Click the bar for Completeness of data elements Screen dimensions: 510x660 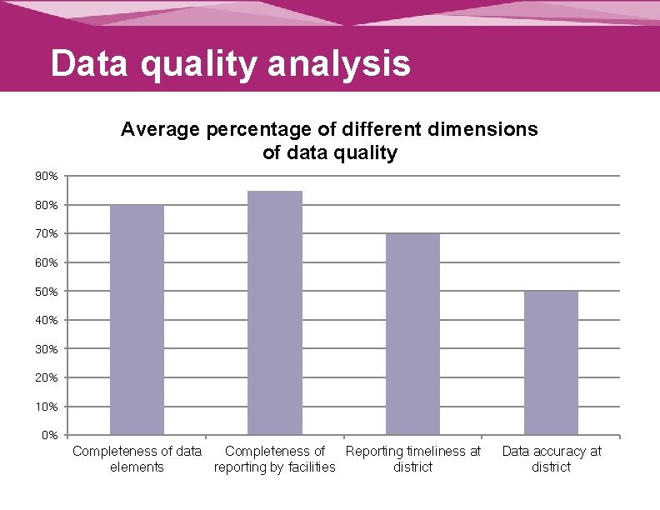[137, 319]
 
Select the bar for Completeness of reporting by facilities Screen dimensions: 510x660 [275, 312]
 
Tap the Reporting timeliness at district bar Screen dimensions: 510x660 [412, 334]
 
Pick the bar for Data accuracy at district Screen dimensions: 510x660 [551, 362]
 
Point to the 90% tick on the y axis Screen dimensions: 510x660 [47, 177]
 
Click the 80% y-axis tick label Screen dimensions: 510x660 [47, 205]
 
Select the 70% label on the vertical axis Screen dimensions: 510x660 [47, 234]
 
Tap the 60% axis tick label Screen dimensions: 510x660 [47, 262]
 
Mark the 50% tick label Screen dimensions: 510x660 [47, 292]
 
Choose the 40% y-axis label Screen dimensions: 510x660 [47, 320]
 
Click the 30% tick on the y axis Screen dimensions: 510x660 [47, 349]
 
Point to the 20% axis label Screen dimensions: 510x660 [47, 377]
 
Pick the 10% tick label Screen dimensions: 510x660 [47, 407]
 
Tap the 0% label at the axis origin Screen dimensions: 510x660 [49, 435]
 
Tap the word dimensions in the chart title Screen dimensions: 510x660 [486, 130]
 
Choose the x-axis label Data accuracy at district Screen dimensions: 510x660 [551, 459]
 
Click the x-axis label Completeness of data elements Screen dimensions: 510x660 [137, 459]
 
